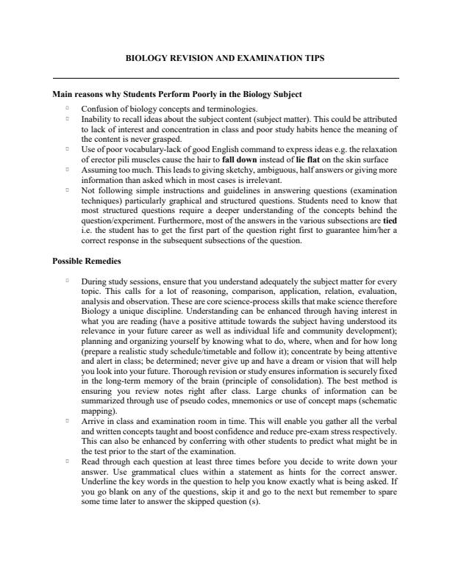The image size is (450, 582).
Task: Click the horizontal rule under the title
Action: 225,78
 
